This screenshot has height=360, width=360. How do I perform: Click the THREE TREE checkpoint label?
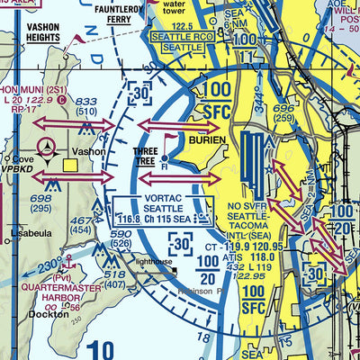144,157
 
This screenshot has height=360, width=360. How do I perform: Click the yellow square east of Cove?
70,164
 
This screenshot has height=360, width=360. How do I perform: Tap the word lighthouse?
154,262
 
